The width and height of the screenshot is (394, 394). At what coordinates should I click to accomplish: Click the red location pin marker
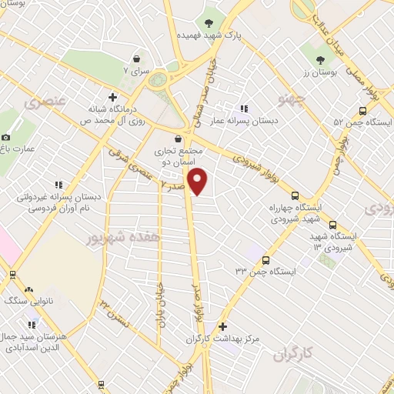click(199, 182)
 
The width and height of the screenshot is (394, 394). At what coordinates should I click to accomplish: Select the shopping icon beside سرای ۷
click(136, 58)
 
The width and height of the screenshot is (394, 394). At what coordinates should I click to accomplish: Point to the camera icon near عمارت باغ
click(7, 136)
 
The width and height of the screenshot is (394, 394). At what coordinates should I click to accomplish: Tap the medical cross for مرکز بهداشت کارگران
click(223, 326)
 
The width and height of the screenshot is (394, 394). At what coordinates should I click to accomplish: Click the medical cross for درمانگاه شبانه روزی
click(112, 97)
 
